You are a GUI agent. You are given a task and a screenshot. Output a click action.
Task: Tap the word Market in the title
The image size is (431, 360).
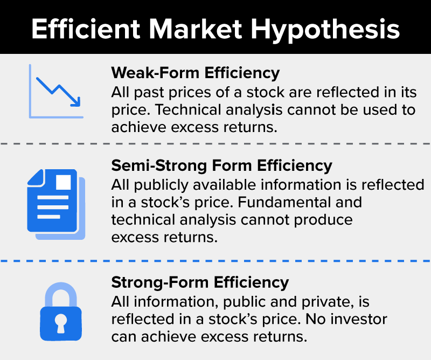[x=196, y=29]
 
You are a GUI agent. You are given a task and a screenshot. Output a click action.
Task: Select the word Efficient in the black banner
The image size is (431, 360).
[x=86, y=29]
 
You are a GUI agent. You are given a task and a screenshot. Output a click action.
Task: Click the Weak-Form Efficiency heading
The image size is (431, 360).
[x=195, y=73]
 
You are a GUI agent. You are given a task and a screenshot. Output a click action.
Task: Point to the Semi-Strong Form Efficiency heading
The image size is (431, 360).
[x=221, y=166]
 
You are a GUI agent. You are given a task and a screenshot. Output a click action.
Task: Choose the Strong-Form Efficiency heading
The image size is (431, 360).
[x=200, y=283]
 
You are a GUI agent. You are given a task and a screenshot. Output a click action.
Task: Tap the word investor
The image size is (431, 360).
[x=359, y=319]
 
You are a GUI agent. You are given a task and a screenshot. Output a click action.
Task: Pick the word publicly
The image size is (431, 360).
[x=161, y=185]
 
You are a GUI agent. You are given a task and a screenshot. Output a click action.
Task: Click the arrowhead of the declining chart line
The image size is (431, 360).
[x=76, y=102]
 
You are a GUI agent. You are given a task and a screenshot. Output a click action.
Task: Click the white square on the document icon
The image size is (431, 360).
[x=64, y=182]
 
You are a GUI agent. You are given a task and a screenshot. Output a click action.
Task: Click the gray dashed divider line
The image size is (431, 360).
[x=215, y=143]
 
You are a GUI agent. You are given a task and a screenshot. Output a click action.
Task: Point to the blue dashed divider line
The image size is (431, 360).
[x=215, y=261]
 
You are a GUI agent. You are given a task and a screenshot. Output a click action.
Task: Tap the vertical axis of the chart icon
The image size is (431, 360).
[x=30, y=91]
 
